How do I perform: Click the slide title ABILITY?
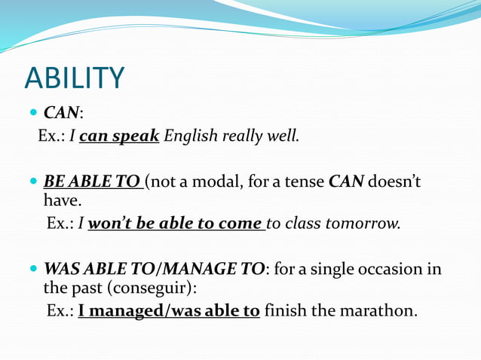point(74,78)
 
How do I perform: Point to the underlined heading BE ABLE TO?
point(92,182)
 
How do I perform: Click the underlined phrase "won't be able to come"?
point(176,224)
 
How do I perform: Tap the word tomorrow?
point(365,224)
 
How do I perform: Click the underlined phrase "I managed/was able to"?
point(169,310)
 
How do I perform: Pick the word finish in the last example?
point(286,310)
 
